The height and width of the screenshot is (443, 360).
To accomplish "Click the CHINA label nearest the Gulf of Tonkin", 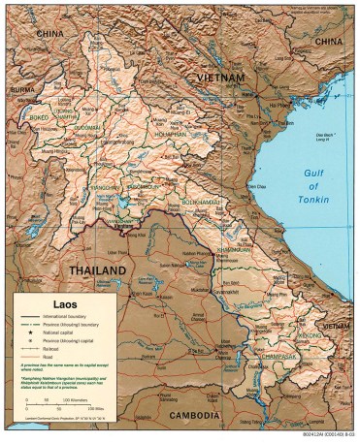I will pos(329,43).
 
